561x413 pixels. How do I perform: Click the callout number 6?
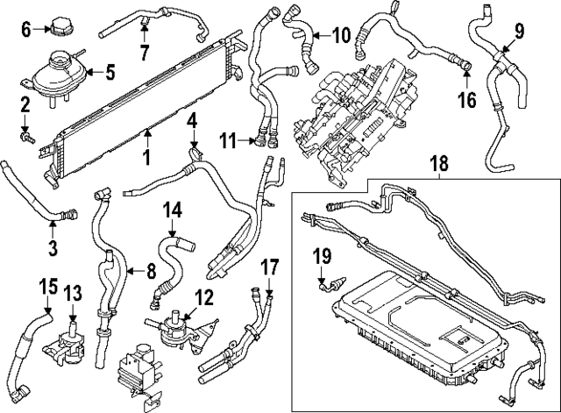coord(25,29)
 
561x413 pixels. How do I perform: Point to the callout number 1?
coord(147,158)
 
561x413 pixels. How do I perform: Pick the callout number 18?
coord(438,162)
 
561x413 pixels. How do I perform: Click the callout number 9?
coord(518,32)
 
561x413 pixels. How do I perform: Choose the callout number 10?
coord(339,36)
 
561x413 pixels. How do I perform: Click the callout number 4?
coord(192,118)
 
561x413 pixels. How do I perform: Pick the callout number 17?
coord(269,265)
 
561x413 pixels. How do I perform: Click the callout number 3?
coord(53,247)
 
